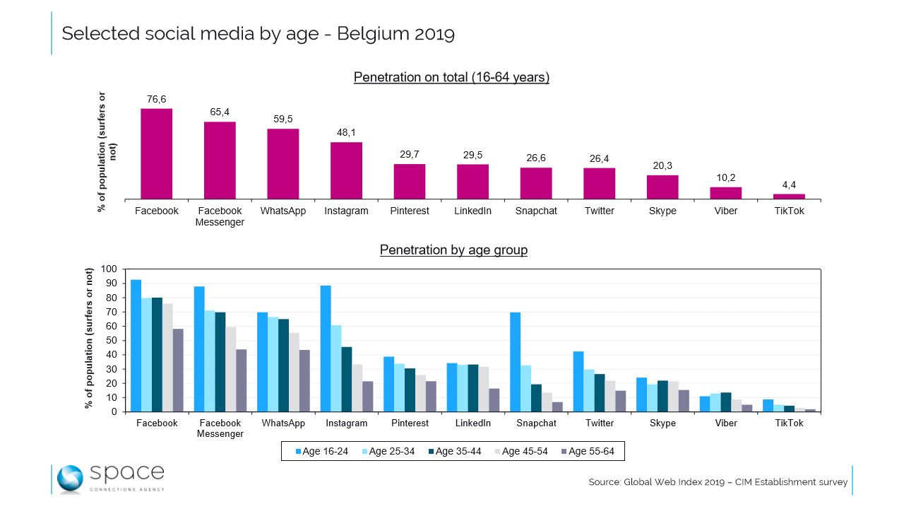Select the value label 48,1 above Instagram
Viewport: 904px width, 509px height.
tap(346, 132)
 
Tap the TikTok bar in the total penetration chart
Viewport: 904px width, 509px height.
tap(789, 197)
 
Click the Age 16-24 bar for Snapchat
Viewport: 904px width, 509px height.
tap(516, 362)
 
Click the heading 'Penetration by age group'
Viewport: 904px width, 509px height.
tap(453, 250)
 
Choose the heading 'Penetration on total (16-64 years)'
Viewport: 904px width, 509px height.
tap(451, 77)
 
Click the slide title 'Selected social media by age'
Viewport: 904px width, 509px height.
tap(258, 33)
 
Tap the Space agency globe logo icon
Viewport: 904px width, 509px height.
tap(71, 478)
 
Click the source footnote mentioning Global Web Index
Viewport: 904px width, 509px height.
tap(718, 482)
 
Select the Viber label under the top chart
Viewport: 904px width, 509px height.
tap(725, 211)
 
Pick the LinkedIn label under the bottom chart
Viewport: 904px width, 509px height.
tap(472, 423)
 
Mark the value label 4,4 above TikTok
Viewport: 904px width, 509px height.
tap(789, 185)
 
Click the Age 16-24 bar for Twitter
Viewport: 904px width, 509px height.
tap(578, 381)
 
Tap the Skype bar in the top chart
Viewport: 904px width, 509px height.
tap(662, 187)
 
